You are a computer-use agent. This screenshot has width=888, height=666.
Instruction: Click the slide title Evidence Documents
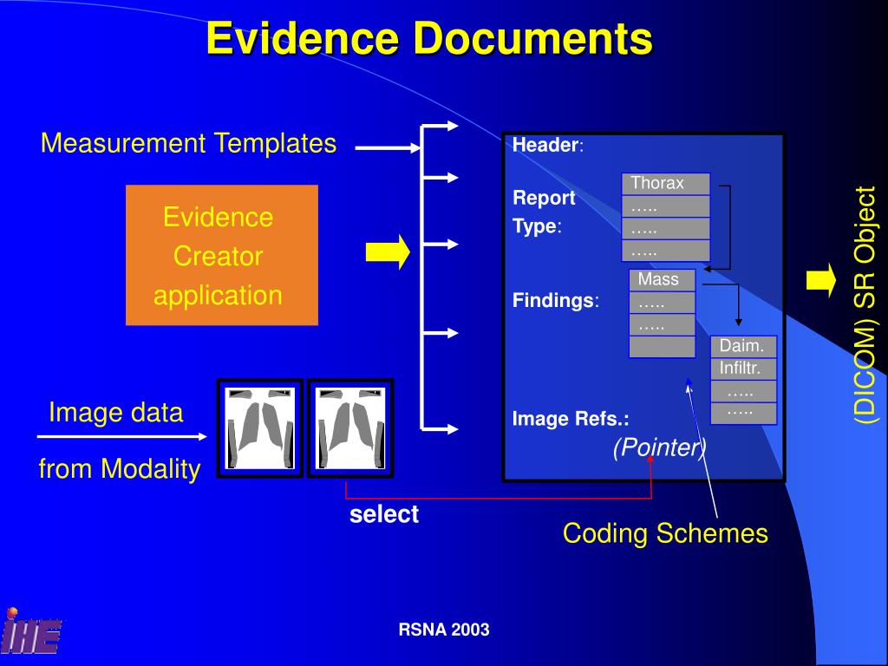pyautogui.click(x=429, y=39)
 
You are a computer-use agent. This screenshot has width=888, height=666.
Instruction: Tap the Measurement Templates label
pyautogui.click(x=188, y=143)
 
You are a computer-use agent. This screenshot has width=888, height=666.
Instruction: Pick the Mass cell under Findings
pyautogui.click(x=662, y=280)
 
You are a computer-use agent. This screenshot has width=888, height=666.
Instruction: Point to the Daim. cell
pyautogui.click(x=742, y=346)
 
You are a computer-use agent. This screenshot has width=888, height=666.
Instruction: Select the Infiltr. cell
pyautogui.click(x=742, y=369)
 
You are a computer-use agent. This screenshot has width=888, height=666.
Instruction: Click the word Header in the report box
pyautogui.click(x=545, y=146)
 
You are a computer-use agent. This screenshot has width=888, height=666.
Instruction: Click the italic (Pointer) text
pyautogui.click(x=659, y=447)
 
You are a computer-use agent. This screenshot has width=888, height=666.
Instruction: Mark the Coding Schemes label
pyautogui.click(x=665, y=532)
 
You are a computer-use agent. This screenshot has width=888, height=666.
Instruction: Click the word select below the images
pyautogui.click(x=384, y=514)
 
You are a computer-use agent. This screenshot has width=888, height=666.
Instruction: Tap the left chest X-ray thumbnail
pyautogui.click(x=259, y=428)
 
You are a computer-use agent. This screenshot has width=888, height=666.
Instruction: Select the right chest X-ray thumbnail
pyautogui.click(x=350, y=428)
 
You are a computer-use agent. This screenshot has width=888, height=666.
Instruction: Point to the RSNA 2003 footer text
pyautogui.click(x=444, y=630)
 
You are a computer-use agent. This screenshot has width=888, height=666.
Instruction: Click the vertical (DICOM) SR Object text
pyautogui.click(x=865, y=304)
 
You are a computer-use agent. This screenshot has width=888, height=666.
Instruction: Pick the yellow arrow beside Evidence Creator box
pyautogui.click(x=387, y=251)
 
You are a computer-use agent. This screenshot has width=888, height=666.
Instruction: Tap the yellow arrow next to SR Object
pyautogui.click(x=820, y=280)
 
